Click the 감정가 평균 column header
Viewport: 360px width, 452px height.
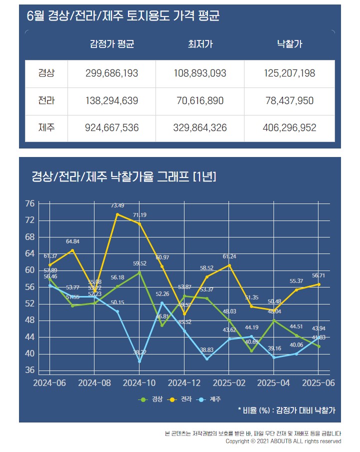pyautogui.click(x=112, y=44)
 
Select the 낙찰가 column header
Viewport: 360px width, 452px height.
pyautogui.click(x=289, y=44)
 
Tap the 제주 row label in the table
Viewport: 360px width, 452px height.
pyautogui.click(x=46, y=128)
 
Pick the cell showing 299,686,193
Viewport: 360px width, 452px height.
pyautogui.click(x=112, y=73)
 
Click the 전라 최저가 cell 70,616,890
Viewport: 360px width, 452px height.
pyautogui.click(x=200, y=101)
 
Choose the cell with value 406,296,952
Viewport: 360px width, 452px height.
pyautogui.click(x=289, y=128)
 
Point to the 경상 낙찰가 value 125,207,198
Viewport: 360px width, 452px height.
pyautogui.click(x=289, y=73)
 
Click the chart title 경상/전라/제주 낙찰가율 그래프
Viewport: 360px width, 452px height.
pyautogui.click(x=123, y=176)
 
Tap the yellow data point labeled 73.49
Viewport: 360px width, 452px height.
pyautogui.click(x=117, y=214)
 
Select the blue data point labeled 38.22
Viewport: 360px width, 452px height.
pyautogui.click(x=139, y=361)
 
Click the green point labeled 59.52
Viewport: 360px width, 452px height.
pyautogui.click(x=139, y=272)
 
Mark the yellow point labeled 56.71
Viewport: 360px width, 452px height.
pyautogui.click(x=318, y=284)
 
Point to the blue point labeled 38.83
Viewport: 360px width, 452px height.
pyautogui.click(x=206, y=358)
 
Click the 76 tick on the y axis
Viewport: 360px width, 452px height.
pyautogui.click(x=29, y=203)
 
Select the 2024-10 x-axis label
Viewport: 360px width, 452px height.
pyautogui.click(x=139, y=382)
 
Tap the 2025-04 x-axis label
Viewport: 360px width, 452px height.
pyautogui.click(x=273, y=382)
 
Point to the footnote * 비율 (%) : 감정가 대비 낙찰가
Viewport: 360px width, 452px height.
pyautogui.click(x=286, y=410)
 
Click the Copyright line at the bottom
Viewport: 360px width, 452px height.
pyautogui.click(x=283, y=441)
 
